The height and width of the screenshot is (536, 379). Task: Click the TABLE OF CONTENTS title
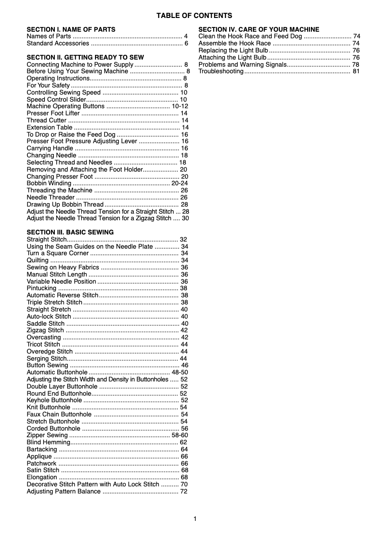click(x=194, y=16)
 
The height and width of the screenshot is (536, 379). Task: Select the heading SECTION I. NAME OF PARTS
click(x=71, y=29)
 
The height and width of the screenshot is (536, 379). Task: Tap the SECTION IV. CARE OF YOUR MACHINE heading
click(x=258, y=29)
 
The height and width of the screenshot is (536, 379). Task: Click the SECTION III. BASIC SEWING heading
click(x=70, y=232)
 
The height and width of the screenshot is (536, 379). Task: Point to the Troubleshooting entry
click(x=221, y=71)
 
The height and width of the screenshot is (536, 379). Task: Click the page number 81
click(x=356, y=71)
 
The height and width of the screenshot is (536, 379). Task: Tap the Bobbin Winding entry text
click(x=49, y=183)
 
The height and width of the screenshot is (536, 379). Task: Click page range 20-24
click(x=180, y=183)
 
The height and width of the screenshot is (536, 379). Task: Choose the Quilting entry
click(x=37, y=260)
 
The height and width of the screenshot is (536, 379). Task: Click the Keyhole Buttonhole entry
click(x=54, y=400)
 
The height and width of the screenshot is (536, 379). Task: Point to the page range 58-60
click(x=180, y=435)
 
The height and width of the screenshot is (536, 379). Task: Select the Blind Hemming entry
click(x=48, y=442)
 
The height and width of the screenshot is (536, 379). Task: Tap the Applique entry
click(x=39, y=457)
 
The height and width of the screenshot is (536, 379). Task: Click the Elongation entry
click(x=42, y=477)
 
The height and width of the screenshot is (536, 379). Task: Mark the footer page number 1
click(x=195, y=519)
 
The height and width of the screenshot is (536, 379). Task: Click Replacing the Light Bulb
click(x=233, y=51)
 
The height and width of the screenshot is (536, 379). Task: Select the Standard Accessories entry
click(x=58, y=43)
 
